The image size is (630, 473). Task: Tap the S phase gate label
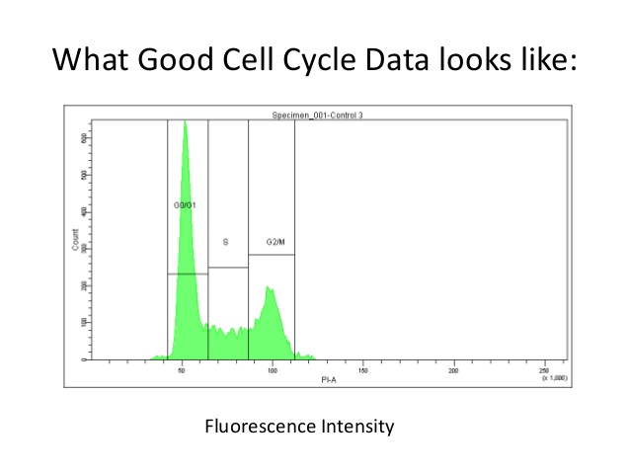[226, 241]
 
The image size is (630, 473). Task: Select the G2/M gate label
[276, 241]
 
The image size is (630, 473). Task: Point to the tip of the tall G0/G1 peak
[185, 121]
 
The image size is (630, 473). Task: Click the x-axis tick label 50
[183, 370]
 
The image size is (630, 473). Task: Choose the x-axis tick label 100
[273, 370]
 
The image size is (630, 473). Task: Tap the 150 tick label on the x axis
[363, 370]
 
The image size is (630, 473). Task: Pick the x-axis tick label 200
[453, 370]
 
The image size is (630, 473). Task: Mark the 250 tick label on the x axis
[544, 370]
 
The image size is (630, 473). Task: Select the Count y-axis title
[75, 239]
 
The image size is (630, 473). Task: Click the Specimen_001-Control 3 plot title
[318, 116]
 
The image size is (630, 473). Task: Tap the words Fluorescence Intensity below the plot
[299, 427]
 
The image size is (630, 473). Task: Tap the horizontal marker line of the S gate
[227, 268]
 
